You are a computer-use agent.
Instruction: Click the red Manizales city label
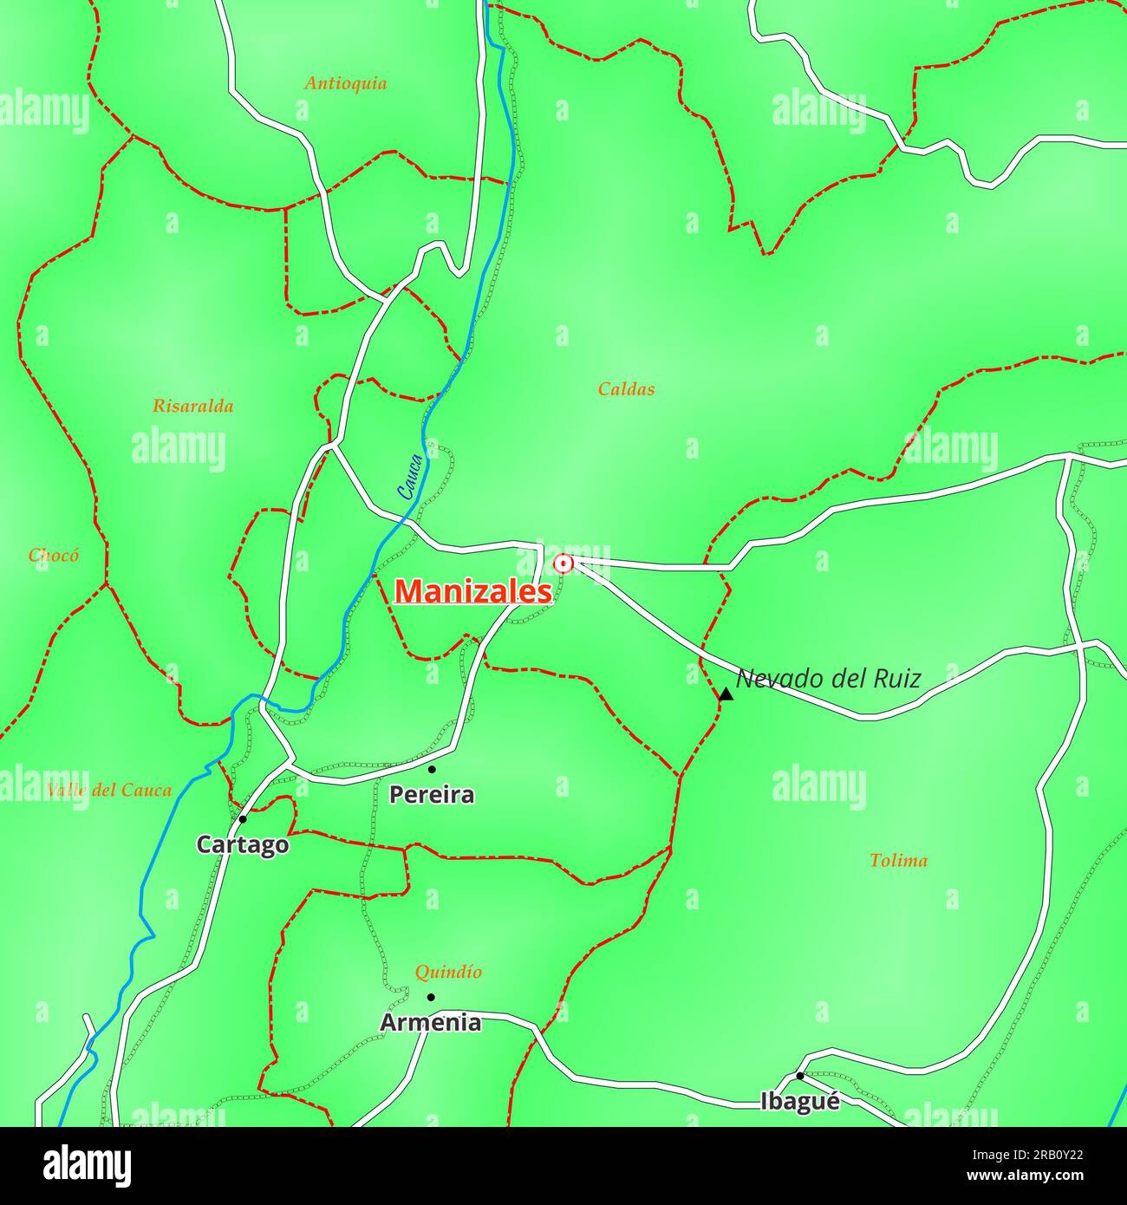pyautogui.click(x=473, y=591)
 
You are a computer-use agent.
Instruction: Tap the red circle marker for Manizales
pyautogui.click(x=563, y=563)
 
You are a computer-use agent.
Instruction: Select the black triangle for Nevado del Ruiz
pyautogui.click(x=726, y=694)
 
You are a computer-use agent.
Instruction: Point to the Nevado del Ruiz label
pyautogui.click(x=828, y=678)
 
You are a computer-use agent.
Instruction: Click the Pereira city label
pyautogui.click(x=432, y=794)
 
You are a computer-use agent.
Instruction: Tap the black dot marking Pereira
pyautogui.click(x=432, y=769)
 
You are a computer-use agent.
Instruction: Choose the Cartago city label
pyautogui.click(x=243, y=843)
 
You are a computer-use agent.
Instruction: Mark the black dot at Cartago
pyautogui.click(x=243, y=818)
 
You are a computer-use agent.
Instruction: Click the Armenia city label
pyautogui.click(x=431, y=1022)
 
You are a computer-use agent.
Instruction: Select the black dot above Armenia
pyautogui.click(x=431, y=997)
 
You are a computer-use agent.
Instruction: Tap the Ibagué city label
pyautogui.click(x=800, y=1101)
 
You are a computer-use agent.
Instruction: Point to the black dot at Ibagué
pyautogui.click(x=799, y=1076)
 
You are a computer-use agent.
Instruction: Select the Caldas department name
pyautogui.click(x=626, y=389)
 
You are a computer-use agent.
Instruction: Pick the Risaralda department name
pyautogui.click(x=192, y=406)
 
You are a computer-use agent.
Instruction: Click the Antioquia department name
pyautogui.click(x=345, y=83)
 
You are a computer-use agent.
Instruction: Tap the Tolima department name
pyautogui.click(x=898, y=860)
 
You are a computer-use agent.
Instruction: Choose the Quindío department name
pyautogui.click(x=448, y=972)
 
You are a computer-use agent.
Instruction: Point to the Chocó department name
pyautogui.click(x=54, y=555)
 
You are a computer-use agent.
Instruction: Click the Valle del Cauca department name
pyautogui.click(x=109, y=790)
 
